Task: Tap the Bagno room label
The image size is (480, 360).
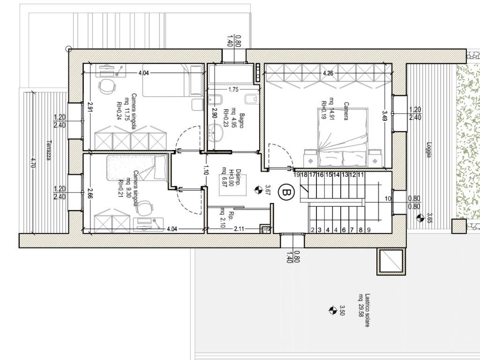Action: [241, 120]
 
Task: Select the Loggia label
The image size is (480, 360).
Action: [429, 150]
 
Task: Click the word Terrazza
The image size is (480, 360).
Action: [48, 150]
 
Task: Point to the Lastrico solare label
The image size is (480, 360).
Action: [367, 310]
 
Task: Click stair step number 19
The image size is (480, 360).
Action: [296, 175]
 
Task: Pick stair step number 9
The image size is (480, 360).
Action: [368, 230]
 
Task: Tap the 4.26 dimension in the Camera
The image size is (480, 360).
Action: [328, 73]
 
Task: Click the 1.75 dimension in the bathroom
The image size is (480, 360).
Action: [233, 90]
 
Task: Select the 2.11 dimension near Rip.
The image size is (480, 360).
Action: [239, 228]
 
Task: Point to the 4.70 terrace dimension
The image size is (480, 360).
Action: [33, 163]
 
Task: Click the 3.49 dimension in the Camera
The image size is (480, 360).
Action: [384, 115]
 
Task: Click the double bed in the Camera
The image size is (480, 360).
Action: [343, 138]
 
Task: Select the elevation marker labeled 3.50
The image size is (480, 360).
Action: [332, 310]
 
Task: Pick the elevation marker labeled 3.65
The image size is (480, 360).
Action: [420, 217]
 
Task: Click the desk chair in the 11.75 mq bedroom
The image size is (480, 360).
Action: [106, 87]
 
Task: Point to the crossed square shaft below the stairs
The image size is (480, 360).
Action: [391, 261]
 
